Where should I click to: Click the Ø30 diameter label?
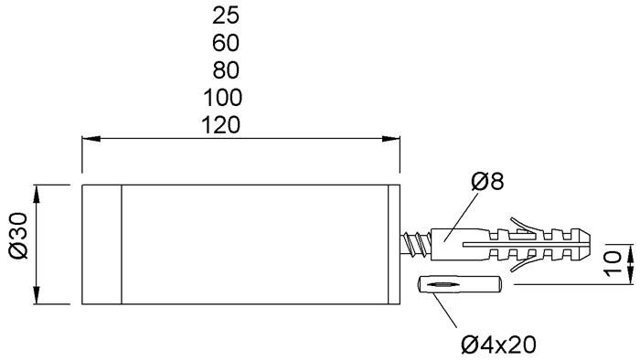16,244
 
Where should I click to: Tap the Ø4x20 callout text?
497,344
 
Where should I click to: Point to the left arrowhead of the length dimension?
90,140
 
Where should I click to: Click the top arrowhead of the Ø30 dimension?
37,192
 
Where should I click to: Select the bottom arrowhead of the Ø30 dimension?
37,296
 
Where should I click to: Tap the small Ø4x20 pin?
458,285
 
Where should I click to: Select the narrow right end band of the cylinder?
394,244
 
